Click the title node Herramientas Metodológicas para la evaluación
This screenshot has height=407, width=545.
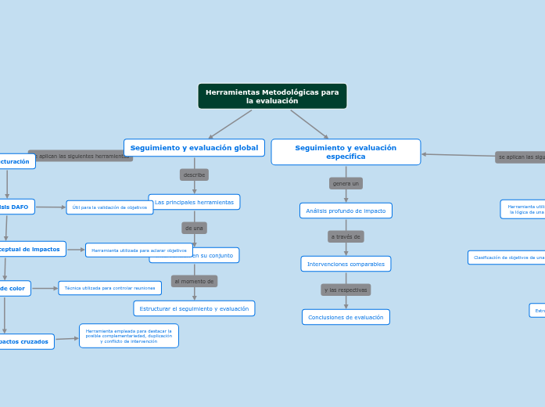click(x=272, y=96)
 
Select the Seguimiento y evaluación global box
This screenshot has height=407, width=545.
click(x=194, y=147)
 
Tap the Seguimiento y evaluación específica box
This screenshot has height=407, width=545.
click(x=346, y=152)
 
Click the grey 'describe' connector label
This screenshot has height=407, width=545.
click(x=194, y=175)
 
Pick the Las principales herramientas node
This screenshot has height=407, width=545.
click(x=194, y=202)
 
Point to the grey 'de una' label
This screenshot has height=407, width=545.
click(x=194, y=228)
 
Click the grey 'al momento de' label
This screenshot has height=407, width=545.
click(x=194, y=281)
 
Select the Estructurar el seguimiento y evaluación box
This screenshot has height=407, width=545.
click(x=194, y=308)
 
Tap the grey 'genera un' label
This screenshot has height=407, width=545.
click(x=346, y=183)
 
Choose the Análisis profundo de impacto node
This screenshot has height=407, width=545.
click(x=346, y=211)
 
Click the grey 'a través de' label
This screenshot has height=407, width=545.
click(x=346, y=236)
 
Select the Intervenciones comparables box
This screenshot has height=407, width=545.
click(x=346, y=264)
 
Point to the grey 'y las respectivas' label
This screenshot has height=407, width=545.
click(x=346, y=290)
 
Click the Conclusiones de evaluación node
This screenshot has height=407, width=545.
click(x=346, y=317)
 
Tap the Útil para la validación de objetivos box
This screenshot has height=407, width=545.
click(x=109, y=207)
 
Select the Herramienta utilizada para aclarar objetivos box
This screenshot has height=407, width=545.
click(x=139, y=250)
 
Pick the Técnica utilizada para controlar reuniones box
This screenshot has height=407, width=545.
click(x=109, y=288)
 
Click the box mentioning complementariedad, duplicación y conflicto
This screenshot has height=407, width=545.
click(x=129, y=336)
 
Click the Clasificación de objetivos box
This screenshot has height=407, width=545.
click(x=507, y=258)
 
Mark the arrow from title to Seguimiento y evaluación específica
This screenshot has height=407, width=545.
click(x=310, y=124)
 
